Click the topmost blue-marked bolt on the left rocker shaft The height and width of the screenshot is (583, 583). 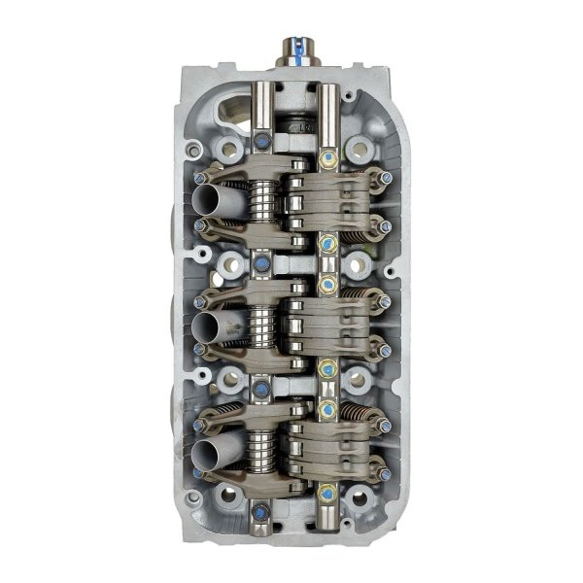pyautogui.click(x=263, y=143)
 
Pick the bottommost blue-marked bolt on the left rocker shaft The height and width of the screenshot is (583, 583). pyautogui.click(x=261, y=513)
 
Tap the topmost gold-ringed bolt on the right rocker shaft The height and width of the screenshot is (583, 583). pyautogui.click(x=327, y=157)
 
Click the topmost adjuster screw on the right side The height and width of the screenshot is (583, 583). pyautogui.click(x=386, y=178)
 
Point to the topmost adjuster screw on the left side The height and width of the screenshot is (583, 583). pyautogui.click(x=200, y=176)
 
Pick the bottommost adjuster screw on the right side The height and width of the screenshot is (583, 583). pyautogui.click(x=386, y=475)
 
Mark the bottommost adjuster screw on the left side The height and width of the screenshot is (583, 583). pyautogui.click(x=199, y=475)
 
